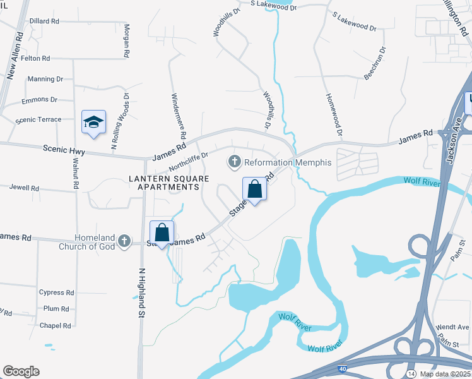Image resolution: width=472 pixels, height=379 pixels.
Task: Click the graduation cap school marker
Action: coord(93,123)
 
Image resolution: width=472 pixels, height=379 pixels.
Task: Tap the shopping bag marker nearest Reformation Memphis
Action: coord(254,189)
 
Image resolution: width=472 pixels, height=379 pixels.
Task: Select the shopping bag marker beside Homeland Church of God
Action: coord(162,232)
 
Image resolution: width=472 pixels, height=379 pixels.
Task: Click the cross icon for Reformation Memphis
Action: coord(235,162)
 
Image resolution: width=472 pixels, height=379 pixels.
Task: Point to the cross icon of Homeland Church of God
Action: coord(124,241)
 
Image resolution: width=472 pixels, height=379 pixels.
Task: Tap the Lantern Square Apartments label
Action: coord(170,183)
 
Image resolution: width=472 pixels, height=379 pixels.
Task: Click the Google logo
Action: coord(21,371)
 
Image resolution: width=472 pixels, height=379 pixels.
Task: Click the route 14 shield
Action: coord(411,375)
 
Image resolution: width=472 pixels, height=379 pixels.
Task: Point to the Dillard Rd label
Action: coord(44,21)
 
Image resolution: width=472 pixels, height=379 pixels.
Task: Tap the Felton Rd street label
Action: coord(35,58)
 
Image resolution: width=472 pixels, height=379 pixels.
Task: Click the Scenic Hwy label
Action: coord(64,150)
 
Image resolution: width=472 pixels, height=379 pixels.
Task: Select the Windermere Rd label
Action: coord(179,117)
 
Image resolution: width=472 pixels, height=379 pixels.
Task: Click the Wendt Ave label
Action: coord(452,327)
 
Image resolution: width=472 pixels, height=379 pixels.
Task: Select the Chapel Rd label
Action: coord(55,325)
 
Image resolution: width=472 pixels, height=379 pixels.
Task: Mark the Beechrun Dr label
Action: coord(374,63)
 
